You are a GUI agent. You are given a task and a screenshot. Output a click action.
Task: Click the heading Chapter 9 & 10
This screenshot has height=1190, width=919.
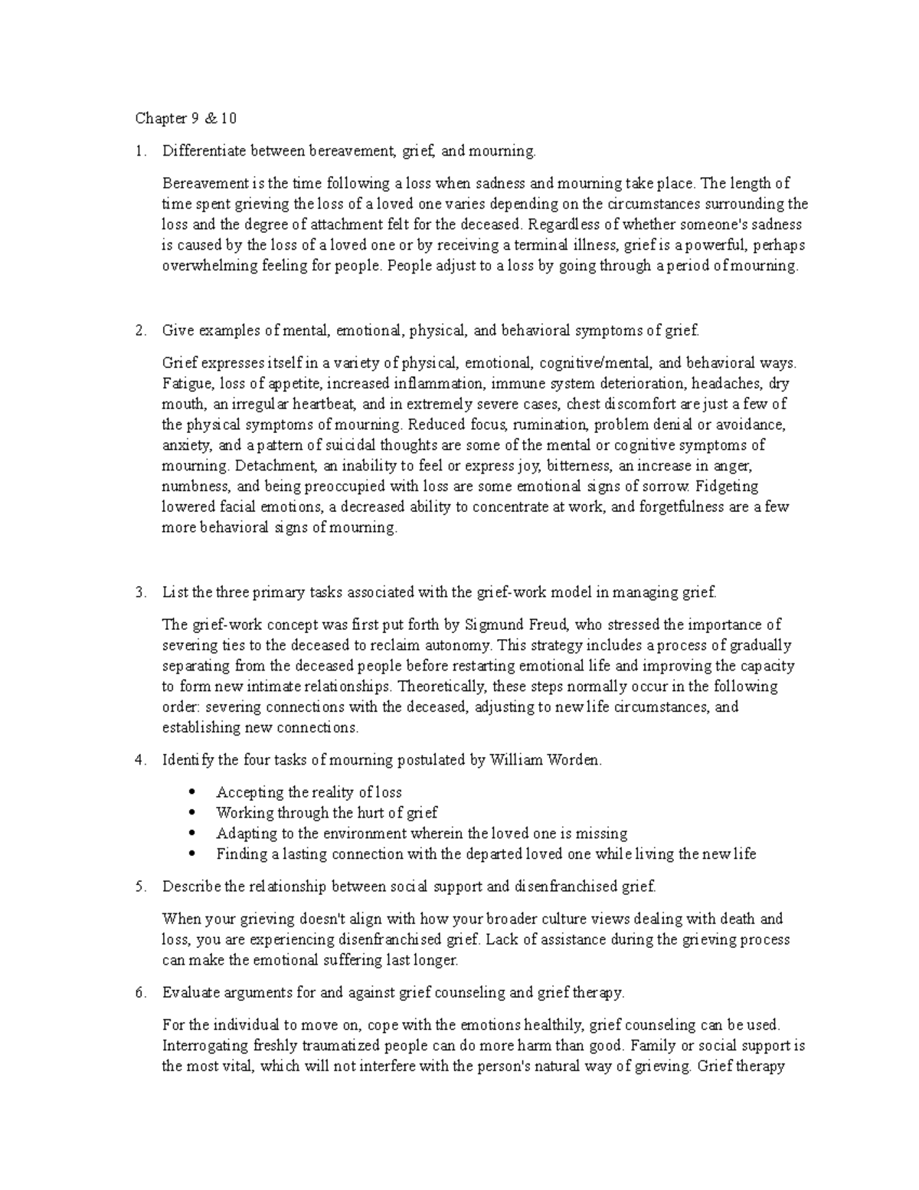[186, 118]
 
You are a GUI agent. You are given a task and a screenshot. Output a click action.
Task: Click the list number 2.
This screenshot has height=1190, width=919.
[139, 330]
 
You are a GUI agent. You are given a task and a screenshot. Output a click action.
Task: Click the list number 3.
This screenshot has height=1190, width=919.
[139, 592]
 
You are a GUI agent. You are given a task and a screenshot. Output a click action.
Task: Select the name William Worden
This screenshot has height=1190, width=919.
[545, 760]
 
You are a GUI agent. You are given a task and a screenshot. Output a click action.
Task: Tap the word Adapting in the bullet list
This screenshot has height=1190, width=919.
[244, 833]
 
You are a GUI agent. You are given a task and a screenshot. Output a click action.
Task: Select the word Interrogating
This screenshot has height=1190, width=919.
[204, 1045]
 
